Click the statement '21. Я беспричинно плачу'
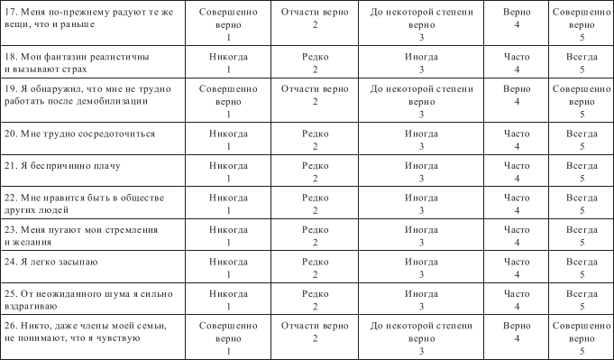(x=63, y=165)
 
